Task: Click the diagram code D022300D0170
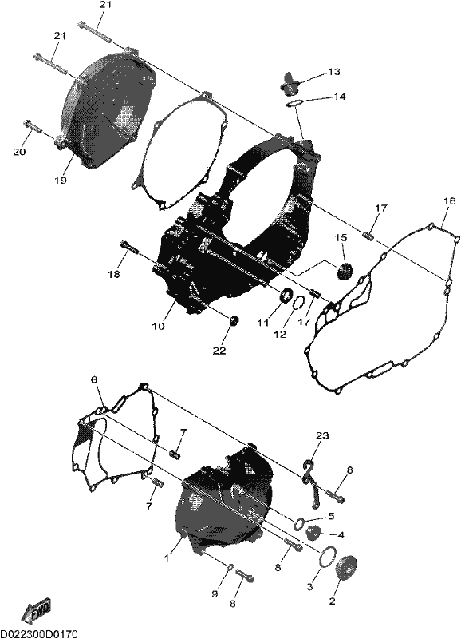tap(39, 633)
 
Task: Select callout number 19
tap(61, 180)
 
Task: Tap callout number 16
tap(449, 201)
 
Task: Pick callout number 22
tap(219, 351)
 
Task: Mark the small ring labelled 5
tap(300, 522)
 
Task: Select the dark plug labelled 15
tap(345, 271)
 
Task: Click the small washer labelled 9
tap(229, 567)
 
